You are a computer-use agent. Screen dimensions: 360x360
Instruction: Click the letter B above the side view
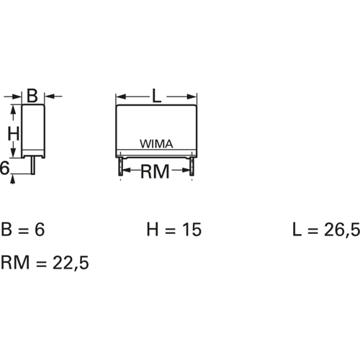pos(32,95)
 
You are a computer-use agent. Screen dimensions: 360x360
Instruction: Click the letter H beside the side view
pos(13,134)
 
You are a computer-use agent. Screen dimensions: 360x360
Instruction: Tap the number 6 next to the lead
pos(5,169)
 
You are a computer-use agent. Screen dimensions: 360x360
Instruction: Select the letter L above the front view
pos(157,95)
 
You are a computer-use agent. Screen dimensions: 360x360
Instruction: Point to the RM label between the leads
pos(156,171)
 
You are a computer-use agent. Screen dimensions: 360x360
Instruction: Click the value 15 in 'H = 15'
pos(192,230)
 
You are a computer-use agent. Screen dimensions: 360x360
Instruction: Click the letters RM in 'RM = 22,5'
pos(16,263)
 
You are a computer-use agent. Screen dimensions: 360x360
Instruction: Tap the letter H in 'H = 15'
pos(153,230)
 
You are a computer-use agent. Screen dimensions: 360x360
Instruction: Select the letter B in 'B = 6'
pos(9,230)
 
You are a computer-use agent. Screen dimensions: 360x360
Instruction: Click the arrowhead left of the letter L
pos(122,95)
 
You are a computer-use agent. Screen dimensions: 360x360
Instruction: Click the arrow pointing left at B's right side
pos(50,95)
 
